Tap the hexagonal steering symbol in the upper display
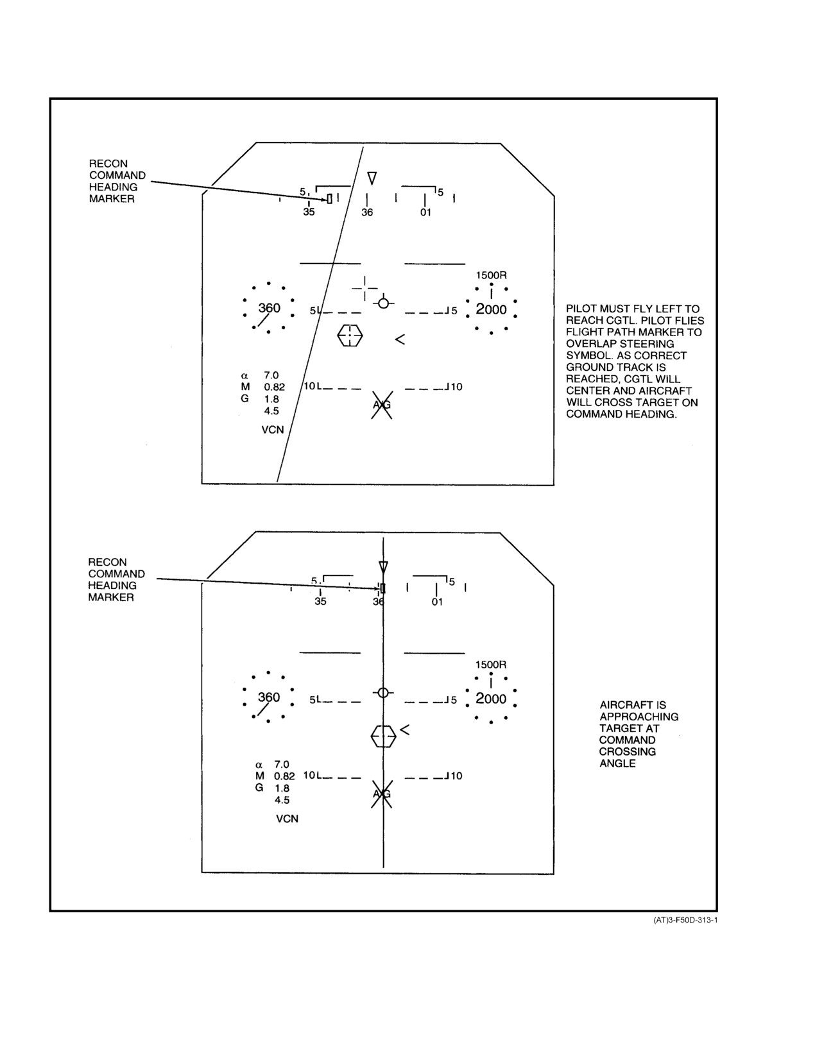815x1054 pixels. [x=350, y=335]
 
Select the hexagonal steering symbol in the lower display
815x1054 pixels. [x=383, y=736]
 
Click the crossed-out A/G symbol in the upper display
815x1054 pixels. [x=382, y=405]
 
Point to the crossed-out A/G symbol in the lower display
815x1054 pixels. [x=382, y=794]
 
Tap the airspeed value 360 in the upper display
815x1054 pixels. [x=270, y=308]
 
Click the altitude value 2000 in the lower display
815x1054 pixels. [x=491, y=699]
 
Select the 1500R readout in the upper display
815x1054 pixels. [x=491, y=275]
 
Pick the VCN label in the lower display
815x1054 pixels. [x=287, y=819]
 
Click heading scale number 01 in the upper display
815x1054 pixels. [x=425, y=212]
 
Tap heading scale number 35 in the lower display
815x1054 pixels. [x=320, y=602]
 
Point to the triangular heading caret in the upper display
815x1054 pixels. [x=372, y=178]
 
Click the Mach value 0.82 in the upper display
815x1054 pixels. [x=274, y=387]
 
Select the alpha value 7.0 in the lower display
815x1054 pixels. [x=282, y=765]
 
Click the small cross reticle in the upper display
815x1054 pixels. [x=365, y=288]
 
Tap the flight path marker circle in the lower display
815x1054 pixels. [x=382, y=693]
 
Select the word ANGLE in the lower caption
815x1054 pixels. [x=617, y=763]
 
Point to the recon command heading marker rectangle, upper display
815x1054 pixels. [x=329, y=199]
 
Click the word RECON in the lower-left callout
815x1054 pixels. [x=107, y=562]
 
